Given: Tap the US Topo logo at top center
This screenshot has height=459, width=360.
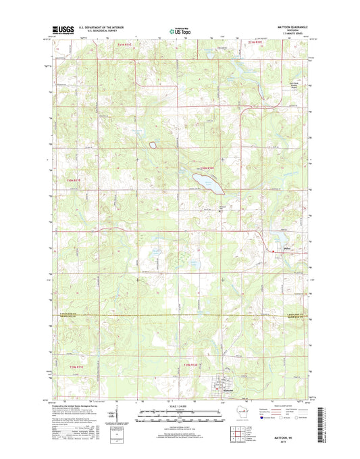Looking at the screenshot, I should pyautogui.click(x=179, y=30).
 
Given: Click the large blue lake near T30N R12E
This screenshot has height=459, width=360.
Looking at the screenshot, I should pyautogui.click(x=205, y=180).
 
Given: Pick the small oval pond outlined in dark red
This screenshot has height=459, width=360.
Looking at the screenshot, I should pyautogui.click(x=153, y=145).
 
